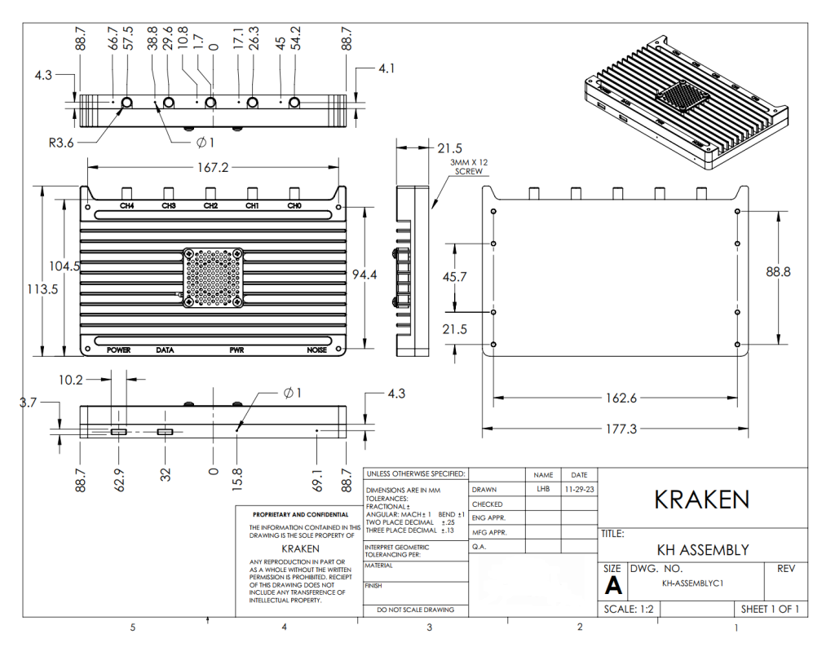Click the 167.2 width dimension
tap(213, 168)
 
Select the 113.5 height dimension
tap(42, 289)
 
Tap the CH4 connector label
tap(126, 205)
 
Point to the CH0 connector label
tap(294, 205)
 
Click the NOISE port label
tap(317, 350)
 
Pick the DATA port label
tap(165, 350)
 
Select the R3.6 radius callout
tap(61, 143)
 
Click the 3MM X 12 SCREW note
tap(469, 166)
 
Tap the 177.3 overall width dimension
tap(621, 429)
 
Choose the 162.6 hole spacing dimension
tap(621, 398)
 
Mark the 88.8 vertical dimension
tap(778, 272)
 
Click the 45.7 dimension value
tap(454, 277)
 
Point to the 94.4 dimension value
tap(364, 275)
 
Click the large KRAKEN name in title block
tap(702, 499)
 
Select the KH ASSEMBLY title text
tap(703, 550)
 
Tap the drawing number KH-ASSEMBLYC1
tap(693, 583)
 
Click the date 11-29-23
tap(580, 490)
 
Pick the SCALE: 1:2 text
tap(629, 610)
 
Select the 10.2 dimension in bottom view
tap(71, 380)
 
